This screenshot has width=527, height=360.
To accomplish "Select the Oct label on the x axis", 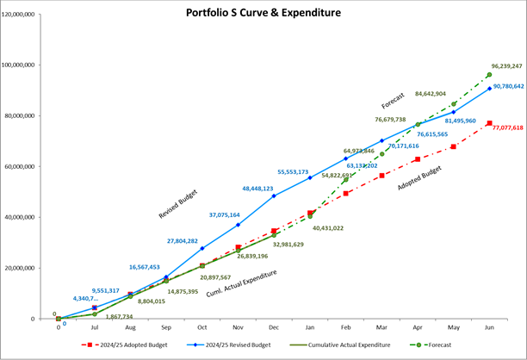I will click(x=201, y=328).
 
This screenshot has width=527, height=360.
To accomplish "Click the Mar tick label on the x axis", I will click(x=381, y=328).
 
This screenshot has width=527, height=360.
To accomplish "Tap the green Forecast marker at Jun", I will click(x=489, y=75).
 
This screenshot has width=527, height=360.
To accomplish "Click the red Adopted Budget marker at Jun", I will click(x=489, y=123).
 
